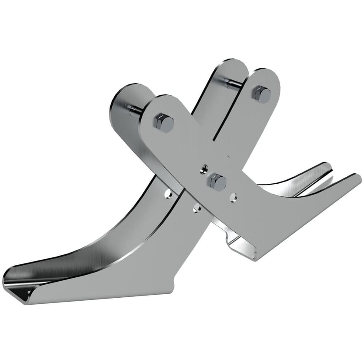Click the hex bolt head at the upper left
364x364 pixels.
pyautogui.click(x=163, y=123)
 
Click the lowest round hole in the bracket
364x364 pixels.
pyautogui.click(x=196, y=209)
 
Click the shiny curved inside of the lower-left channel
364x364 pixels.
pyautogui.click(x=87, y=260)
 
